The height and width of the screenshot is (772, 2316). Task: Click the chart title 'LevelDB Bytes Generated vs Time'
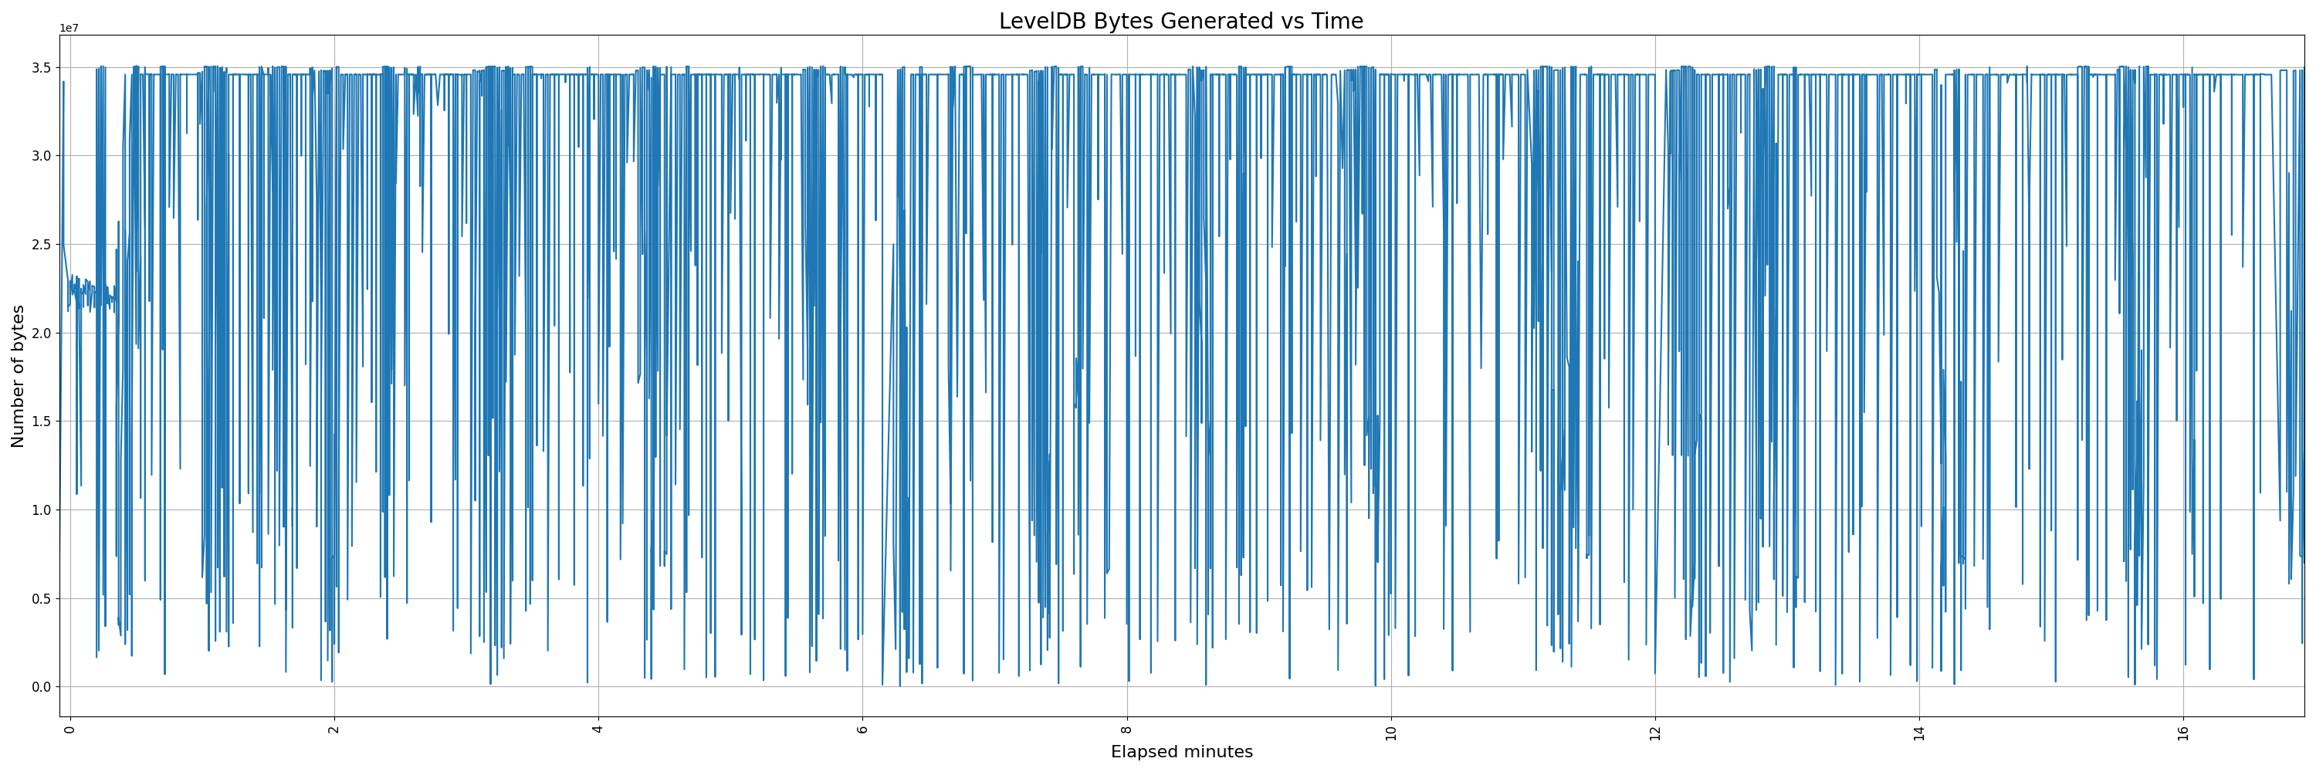point(1180,22)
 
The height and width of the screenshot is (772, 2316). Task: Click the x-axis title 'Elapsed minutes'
point(1180,752)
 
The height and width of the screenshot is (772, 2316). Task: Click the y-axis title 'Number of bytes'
point(18,376)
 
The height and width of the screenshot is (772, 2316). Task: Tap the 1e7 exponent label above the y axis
point(69,29)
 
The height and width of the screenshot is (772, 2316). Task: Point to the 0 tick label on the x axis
point(70,727)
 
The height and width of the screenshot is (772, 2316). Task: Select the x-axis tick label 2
point(334,727)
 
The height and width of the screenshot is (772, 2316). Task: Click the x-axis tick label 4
point(598,727)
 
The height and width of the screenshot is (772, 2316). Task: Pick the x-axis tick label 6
point(862,727)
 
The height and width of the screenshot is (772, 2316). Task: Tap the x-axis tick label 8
point(1126,727)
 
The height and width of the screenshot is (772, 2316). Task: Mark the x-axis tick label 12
point(1655,730)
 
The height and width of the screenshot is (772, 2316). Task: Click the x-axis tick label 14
point(1918,730)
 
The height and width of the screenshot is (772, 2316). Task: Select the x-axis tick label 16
point(2183,730)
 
